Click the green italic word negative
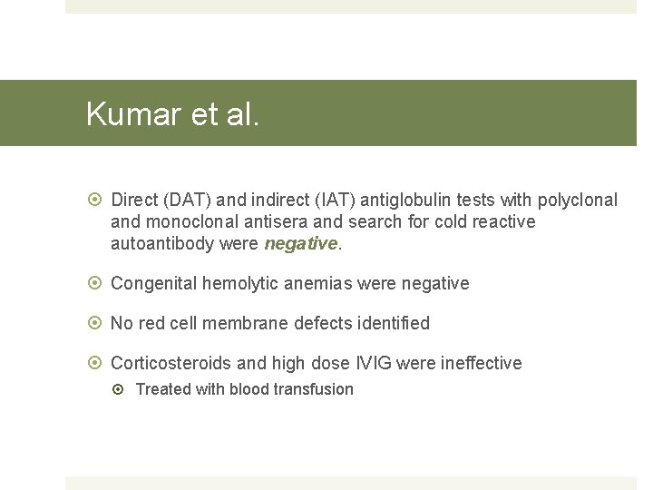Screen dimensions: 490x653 tap(300, 243)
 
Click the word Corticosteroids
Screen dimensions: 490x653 tap(171, 363)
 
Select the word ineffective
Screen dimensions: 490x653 tap(481, 363)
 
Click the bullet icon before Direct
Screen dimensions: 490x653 tap(95, 200)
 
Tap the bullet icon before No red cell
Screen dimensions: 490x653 tap(95, 323)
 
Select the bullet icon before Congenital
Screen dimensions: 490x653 tap(95, 283)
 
